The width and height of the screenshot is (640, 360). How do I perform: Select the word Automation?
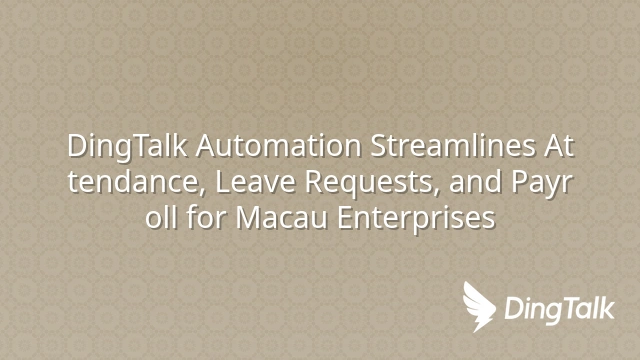pyautogui.click(x=278, y=146)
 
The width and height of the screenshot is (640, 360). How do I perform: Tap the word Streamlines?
pyautogui.click(x=452, y=145)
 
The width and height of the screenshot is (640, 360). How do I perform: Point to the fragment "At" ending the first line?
pyautogui.click(x=559, y=146)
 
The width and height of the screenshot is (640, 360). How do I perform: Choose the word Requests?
pyautogui.click(x=371, y=183)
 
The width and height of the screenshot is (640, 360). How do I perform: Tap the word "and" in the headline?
pyautogui.click(x=476, y=182)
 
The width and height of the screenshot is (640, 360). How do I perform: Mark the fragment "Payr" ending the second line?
pyautogui.click(x=542, y=183)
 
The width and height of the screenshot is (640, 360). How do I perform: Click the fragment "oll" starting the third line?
pyautogui.click(x=161, y=217)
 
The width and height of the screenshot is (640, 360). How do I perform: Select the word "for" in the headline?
pyautogui.click(x=206, y=217)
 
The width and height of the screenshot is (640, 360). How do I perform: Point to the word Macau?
pyautogui.click(x=282, y=218)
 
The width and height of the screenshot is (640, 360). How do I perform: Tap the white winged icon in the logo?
pyautogui.click(x=478, y=306)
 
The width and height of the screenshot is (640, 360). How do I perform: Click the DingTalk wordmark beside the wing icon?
pyautogui.click(x=559, y=310)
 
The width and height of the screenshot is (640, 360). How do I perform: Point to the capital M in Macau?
pyautogui.click(x=249, y=218)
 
